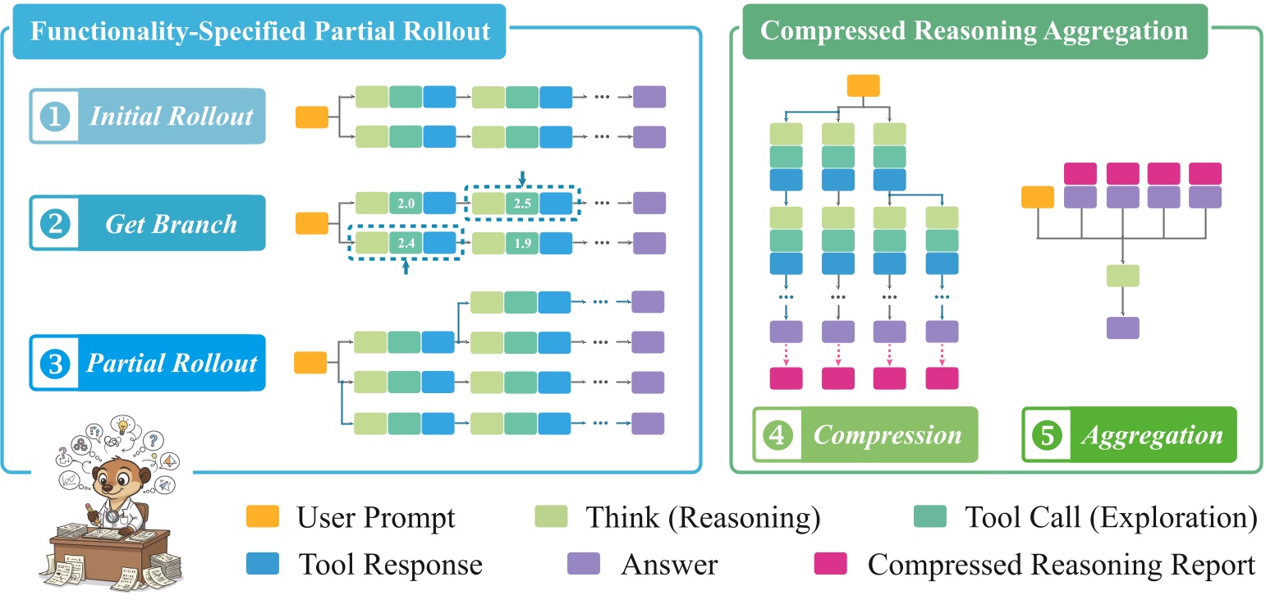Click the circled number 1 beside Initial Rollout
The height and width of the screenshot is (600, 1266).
[x=55, y=116]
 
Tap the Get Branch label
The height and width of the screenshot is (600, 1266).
[x=171, y=223]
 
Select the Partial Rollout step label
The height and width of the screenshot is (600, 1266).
[x=172, y=363]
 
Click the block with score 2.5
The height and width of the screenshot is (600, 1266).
[x=522, y=203]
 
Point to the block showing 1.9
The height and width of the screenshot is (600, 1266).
[x=522, y=243]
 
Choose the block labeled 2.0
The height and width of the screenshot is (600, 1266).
[x=406, y=203]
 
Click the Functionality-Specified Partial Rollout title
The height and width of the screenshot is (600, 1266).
[x=260, y=32]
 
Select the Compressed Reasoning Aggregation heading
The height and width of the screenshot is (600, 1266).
[x=974, y=32]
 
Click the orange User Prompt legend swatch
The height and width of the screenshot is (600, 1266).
[x=263, y=517]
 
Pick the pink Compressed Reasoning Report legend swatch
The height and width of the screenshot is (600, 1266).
[x=830, y=565]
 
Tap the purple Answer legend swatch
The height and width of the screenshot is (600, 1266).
[x=583, y=565]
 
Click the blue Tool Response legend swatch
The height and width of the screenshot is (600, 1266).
[x=263, y=565]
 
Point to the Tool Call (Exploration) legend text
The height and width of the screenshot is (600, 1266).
[x=1111, y=517]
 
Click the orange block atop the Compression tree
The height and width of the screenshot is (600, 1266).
[x=863, y=86]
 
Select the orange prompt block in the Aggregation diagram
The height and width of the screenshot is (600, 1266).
[x=1038, y=198]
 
